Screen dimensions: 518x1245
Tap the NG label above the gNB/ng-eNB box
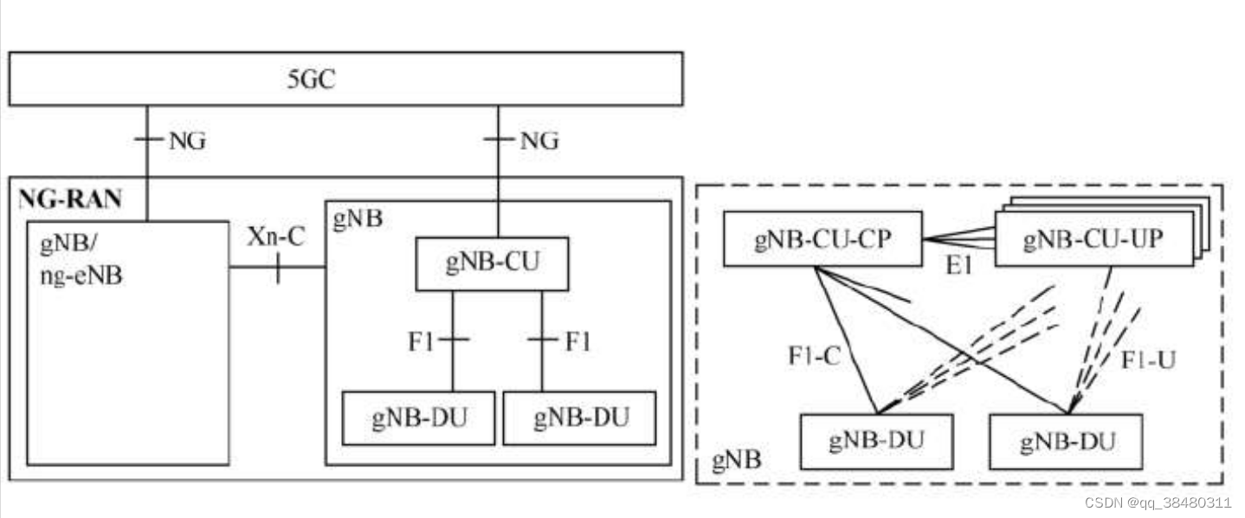click(x=187, y=141)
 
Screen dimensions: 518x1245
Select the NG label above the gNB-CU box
click(x=539, y=140)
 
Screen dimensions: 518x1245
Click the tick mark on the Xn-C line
click(x=277, y=269)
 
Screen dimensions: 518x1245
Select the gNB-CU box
click(x=492, y=264)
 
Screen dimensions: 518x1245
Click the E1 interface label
click(x=959, y=266)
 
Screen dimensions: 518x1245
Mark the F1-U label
click(x=1148, y=359)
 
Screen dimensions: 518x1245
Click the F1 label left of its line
click(x=423, y=341)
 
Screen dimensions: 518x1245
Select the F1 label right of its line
click(x=577, y=341)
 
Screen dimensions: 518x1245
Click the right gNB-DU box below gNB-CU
click(x=579, y=418)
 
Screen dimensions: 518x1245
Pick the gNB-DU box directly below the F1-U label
click(x=1066, y=442)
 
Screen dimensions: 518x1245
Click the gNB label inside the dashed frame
click(x=736, y=460)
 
